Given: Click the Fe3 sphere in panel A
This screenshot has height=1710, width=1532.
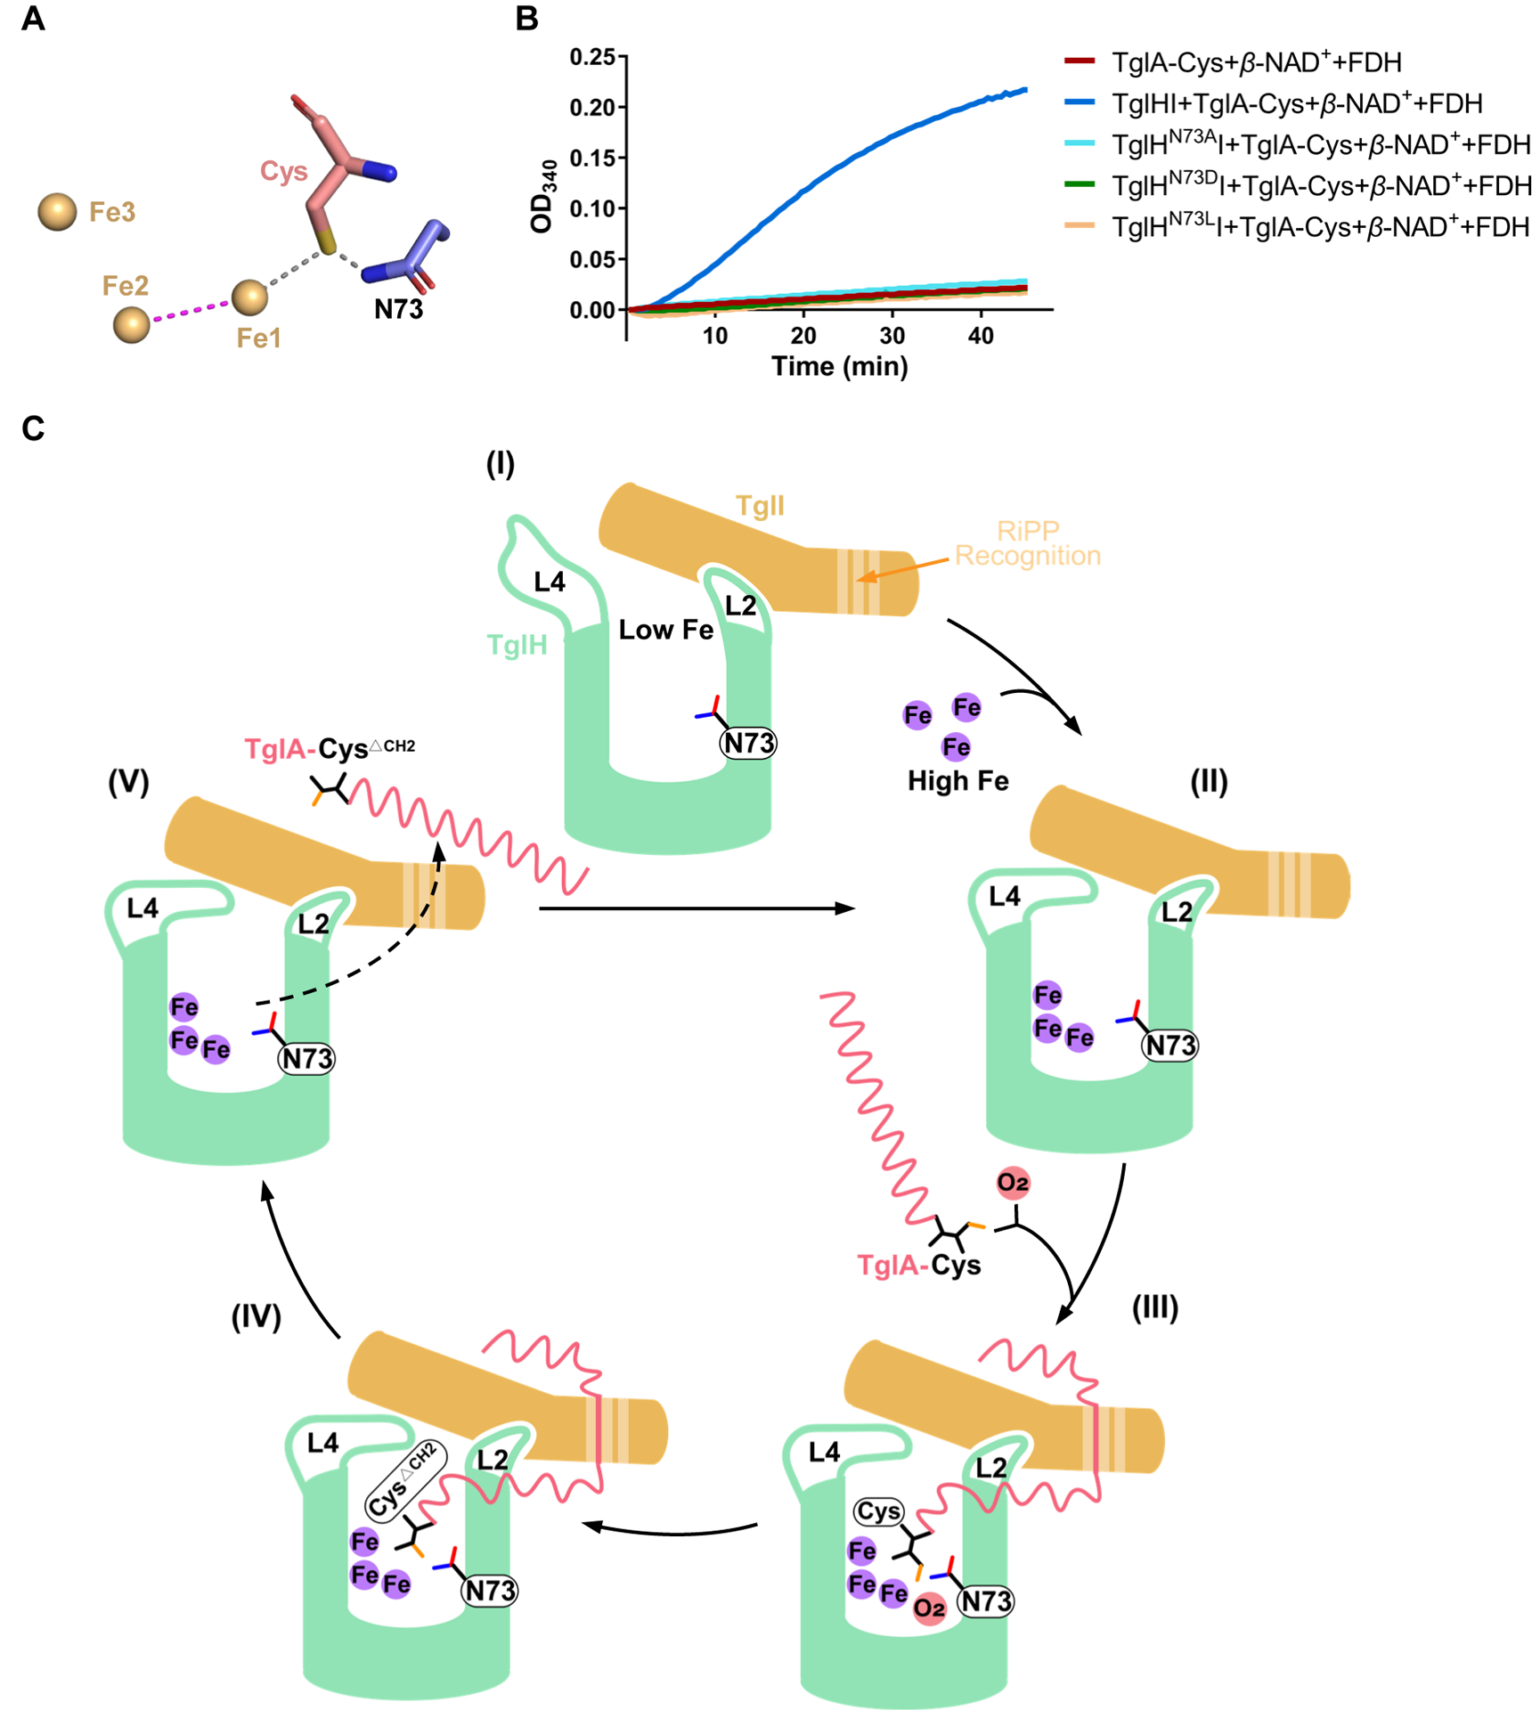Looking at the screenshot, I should pos(57,212).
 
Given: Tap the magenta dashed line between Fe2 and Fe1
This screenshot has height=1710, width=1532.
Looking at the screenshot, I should pos(191,311).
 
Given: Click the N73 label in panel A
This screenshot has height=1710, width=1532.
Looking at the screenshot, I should pos(398,309).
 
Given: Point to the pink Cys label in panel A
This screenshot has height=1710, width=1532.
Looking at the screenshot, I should pos(283,171).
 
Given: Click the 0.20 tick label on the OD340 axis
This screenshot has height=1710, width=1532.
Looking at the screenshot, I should pos(592,108).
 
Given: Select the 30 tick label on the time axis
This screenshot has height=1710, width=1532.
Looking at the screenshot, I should pos(892,336).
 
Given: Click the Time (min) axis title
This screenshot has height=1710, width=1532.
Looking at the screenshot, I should pos(839,366).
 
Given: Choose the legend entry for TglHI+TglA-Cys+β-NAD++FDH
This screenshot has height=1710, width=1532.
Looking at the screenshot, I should pos(1296,104).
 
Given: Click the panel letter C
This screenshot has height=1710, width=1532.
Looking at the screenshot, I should pos(33,428).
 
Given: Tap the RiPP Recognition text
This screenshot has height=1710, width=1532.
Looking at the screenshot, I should pos(1028,543).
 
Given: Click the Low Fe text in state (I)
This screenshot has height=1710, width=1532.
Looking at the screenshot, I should pos(665,631).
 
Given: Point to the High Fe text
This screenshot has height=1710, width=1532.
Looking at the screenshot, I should pos(957,781).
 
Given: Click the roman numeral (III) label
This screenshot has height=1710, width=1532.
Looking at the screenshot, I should pos(1154,1307).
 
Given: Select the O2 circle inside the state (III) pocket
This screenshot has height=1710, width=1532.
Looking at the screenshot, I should pos(929,1608).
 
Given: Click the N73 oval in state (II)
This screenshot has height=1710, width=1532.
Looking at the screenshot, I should pos(1170,1045).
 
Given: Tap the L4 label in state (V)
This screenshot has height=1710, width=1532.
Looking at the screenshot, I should pos(143,908).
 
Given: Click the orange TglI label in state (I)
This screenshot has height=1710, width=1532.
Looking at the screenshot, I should pos(760,506).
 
